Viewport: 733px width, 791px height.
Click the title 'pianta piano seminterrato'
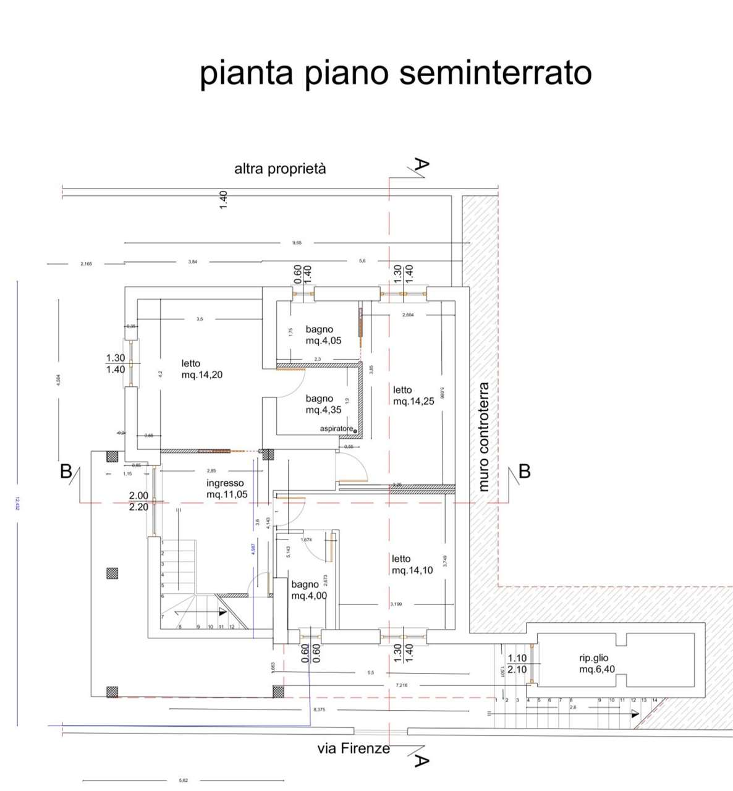(396, 73)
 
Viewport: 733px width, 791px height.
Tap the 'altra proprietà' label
(280, 169)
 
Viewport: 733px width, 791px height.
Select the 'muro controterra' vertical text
(483, 436)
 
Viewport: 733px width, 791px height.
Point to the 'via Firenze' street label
(354, 749)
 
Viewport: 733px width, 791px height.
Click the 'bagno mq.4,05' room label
(323, 335)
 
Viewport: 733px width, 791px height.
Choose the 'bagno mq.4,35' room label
(323, 404)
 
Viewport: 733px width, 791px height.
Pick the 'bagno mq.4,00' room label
(309, 590)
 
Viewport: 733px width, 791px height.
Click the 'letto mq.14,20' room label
(201, 369)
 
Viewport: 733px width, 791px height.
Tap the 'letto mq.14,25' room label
(413, 395)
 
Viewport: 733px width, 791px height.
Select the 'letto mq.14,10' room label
(412, 564)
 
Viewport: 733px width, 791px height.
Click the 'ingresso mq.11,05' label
(226, 489)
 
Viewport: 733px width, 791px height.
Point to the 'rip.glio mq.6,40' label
(596, 664)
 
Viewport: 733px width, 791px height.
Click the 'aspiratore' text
(336, 429)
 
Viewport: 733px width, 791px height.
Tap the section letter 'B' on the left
(66, 472)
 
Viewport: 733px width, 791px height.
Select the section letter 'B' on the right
(525, 472)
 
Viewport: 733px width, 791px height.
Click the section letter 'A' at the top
(421, 165)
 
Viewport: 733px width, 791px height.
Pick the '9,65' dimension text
(297, 243)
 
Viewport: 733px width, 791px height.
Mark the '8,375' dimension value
(319, 709)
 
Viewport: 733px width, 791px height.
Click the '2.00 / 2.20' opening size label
(138, 501)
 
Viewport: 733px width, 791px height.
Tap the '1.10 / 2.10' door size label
(517, 664)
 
